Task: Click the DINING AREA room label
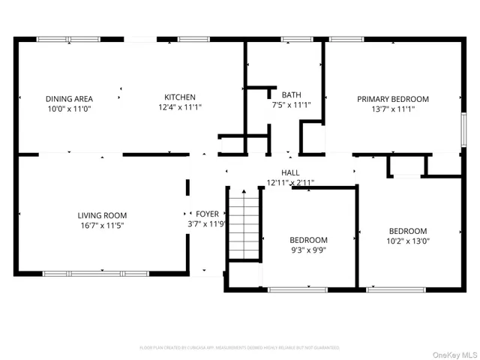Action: point(69,98)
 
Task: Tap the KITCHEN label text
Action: point(180,97)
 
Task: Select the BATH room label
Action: point(291,95)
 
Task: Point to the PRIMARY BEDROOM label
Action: point(392,99)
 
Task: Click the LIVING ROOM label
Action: point(102,214)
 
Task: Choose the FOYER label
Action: point(207,214)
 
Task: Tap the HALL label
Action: point(290,172)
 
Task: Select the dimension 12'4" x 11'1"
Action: point(180,107)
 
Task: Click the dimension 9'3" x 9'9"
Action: point(308,250)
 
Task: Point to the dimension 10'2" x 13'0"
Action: point(407,241)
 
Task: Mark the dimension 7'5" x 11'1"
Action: point(291,106)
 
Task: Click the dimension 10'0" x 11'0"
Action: point(69,109)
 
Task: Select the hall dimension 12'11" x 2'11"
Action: point(290,182)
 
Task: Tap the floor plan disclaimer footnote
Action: point(239,348)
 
